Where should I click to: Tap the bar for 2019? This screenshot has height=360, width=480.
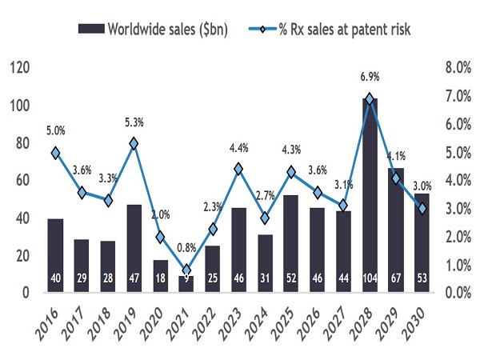(134, 248)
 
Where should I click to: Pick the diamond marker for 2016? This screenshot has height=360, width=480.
(55, 153)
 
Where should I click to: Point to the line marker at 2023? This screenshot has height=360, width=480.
(238, 169)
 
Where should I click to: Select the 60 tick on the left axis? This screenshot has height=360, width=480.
(23, 181)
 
